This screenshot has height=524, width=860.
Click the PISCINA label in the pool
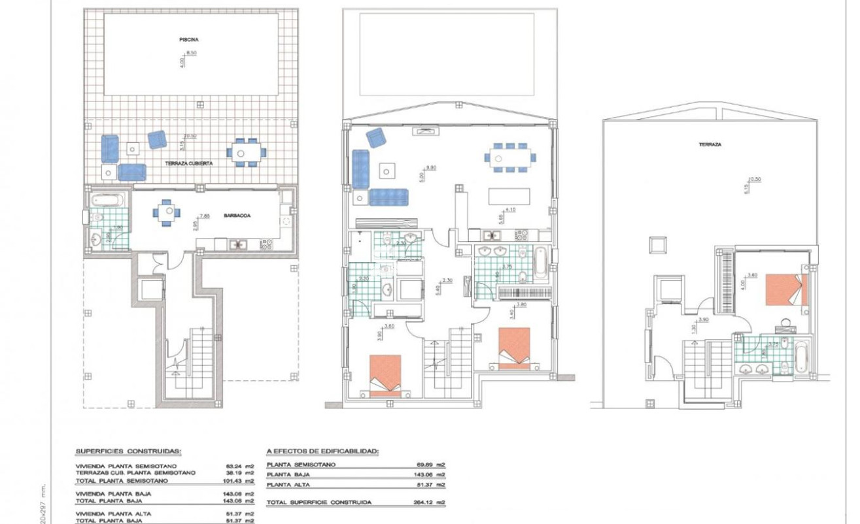[x=188, y=40]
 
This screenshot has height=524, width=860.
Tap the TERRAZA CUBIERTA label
[x=189, y=163]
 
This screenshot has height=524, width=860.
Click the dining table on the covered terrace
[x=247, y=152]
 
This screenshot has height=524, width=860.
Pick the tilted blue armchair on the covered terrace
[x=157, y=139]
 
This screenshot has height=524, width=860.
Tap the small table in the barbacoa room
[x=165, y=212]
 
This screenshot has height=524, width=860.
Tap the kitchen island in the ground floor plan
[x=510, y=197]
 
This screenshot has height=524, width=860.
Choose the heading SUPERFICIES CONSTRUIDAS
[x=128, y=451]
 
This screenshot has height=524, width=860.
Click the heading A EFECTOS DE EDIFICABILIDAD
[x=322, y=451]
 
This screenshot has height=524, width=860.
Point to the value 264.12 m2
[x=432, y=502]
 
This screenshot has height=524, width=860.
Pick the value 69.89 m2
[x=432, y=465]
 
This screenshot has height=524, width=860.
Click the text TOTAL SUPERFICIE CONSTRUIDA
[x=319, y=502]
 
